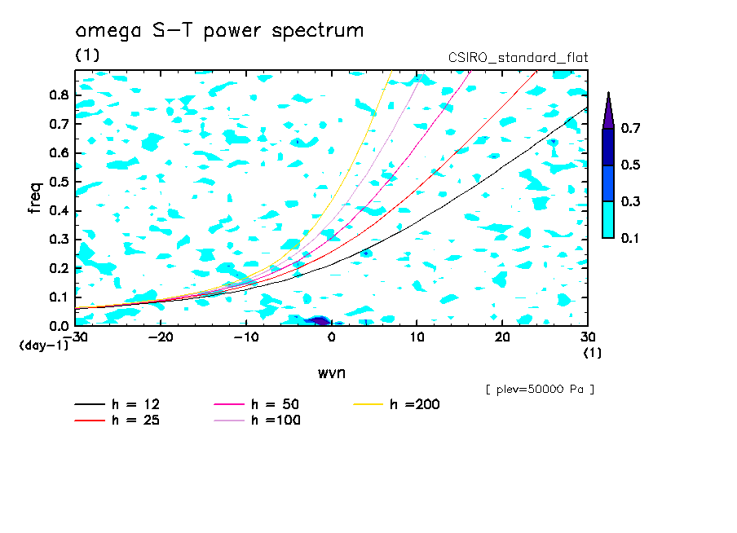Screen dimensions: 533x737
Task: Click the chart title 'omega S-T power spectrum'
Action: (x=219, y=31)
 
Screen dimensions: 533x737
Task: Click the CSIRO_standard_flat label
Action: (x=518, y=58)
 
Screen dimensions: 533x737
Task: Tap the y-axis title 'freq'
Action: (x=34, y=197)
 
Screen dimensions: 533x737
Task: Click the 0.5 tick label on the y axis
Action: (x=58, y=182)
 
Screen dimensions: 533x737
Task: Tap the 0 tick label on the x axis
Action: (x=331, y=337)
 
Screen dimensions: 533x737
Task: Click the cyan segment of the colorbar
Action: (x=608, y=219)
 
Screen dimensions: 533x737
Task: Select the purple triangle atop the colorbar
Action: (x=608, y=112)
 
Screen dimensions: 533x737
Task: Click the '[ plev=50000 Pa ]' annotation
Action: (x=540, y=390)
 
